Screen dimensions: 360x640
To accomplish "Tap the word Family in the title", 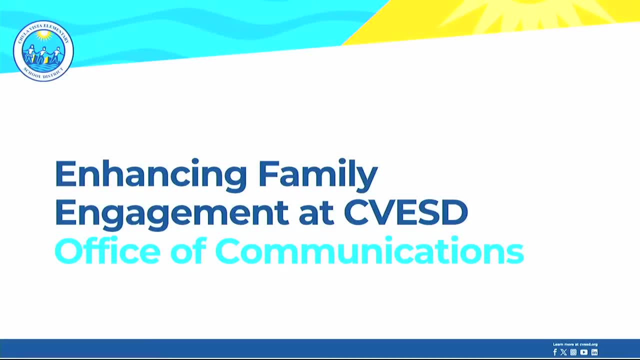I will click(x=317, y=174).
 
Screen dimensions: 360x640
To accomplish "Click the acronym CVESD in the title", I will click(x=405, y=212).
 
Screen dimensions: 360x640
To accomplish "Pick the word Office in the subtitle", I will click(x=107, y=251).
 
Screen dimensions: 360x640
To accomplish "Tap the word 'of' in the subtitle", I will click(x=188, y=251).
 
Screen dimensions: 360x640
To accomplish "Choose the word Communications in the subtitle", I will click(x=369, y=251).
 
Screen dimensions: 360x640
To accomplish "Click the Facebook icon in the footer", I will click(x=554, y=352).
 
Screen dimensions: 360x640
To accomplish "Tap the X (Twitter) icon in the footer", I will click(x=563, y=352).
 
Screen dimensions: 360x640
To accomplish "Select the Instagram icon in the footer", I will click(x=573, y=352).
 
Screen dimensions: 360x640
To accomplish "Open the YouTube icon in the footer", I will click(x=583, y=352).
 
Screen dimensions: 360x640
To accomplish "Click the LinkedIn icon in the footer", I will click(x=594, y=352).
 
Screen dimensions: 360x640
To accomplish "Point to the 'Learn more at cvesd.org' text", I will click(x=575, y=344).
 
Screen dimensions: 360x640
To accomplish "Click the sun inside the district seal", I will click(x=43, y=35).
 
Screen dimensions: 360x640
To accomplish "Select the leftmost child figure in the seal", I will click(x=31, y=53).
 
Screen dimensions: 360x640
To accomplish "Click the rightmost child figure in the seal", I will click(x=56, y=53).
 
